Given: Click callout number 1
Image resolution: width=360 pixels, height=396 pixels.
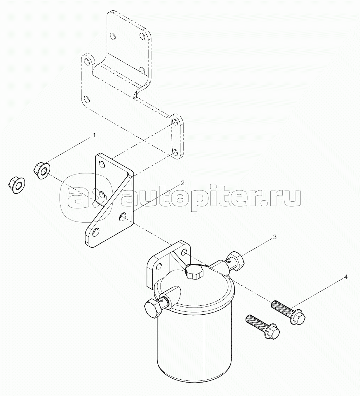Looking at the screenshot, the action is pos(94,136).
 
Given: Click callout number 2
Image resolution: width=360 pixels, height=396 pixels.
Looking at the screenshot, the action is pos(182,183).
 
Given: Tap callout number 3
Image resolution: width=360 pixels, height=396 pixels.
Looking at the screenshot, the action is pos(275,237).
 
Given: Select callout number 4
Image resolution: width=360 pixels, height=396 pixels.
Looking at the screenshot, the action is pos(345,277).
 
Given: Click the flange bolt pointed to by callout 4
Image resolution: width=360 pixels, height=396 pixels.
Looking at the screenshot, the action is pos(288,312).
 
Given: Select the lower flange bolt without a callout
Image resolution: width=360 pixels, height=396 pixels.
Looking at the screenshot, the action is pos(263,326).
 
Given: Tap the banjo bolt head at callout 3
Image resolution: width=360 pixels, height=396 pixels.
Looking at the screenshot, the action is pos(236,261).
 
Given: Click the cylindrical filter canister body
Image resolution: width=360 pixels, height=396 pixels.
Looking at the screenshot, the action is pos(194,349).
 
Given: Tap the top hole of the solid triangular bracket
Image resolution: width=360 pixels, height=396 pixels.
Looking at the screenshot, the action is pos(102,165).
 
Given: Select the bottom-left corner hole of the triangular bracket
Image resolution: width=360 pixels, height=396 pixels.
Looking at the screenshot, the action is pos(96,232).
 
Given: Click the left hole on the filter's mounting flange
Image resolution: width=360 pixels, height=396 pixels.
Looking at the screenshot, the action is pos(159,266).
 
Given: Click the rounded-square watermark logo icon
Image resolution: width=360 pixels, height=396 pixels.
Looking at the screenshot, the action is pos(86,197).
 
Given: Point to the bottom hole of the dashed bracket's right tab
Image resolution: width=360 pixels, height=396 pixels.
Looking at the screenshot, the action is pos(174,152).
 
